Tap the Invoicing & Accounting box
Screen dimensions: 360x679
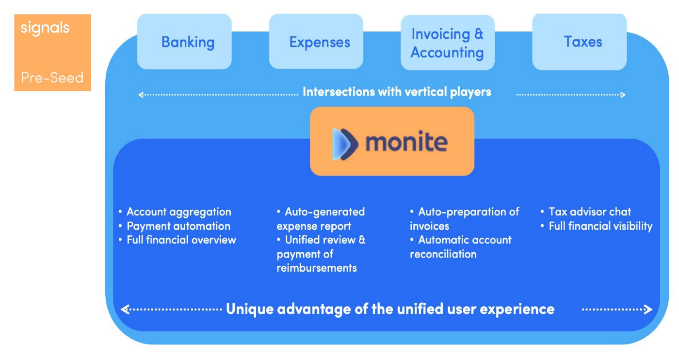pos(447,43)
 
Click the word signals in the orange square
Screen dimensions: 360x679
pos(45,28)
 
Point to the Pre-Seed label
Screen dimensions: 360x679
pos(52,78)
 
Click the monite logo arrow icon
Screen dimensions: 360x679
pos(345,144)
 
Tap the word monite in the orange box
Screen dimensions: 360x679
pos(406,143)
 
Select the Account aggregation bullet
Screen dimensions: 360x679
pos(178,212)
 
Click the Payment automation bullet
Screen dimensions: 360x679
pos(178,226)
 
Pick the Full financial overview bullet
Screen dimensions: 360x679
pos(181,240)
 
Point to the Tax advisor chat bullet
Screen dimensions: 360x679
pos(589,212)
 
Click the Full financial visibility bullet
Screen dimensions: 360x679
pos(600,226)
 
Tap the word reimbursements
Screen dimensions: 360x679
pos(317,268)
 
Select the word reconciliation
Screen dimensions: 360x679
pos(443,254)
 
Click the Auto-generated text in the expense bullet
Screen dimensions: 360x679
pos(324,212)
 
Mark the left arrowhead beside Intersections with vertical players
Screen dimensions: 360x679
pos(141,95)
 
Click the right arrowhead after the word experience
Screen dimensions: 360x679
pos(648,310)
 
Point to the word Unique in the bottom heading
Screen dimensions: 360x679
pos(250,309)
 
